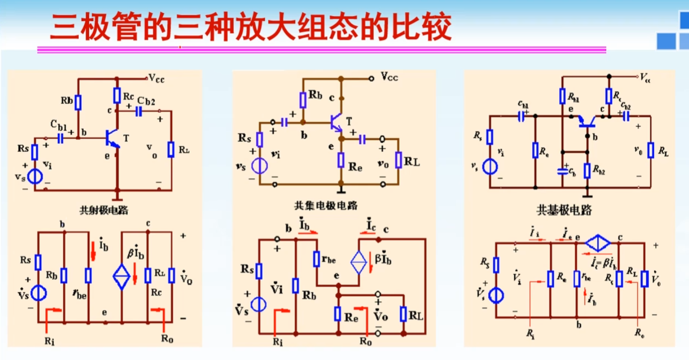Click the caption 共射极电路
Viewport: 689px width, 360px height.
103,211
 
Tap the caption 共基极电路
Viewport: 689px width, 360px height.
564,211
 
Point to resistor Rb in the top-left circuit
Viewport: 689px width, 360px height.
77,102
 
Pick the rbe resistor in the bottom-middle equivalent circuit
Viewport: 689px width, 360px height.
316,260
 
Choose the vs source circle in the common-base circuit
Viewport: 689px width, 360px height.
489,167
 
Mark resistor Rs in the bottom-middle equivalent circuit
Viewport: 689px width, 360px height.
259,270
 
